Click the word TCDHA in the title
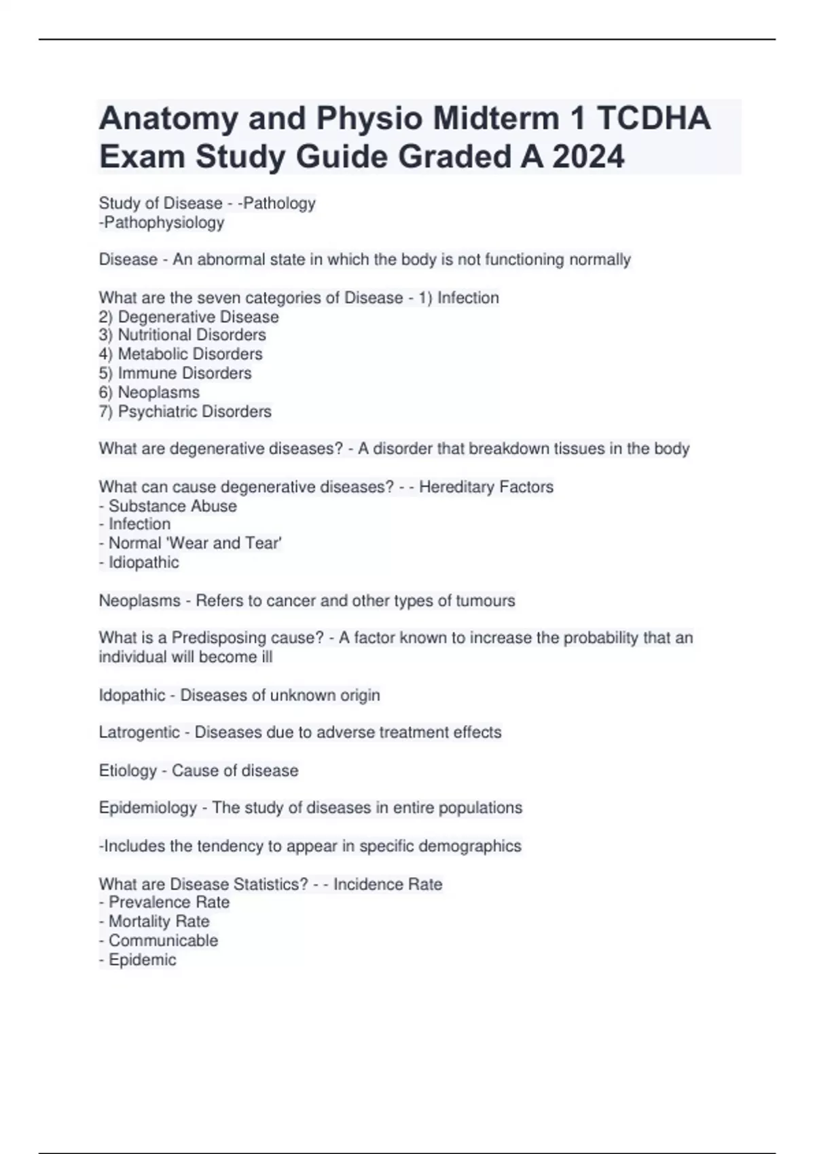653,119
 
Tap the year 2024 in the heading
587,157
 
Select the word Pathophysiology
163,222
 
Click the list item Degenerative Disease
198,316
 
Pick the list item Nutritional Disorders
192,335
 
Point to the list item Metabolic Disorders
189,354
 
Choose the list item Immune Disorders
184,373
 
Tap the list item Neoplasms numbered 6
158,392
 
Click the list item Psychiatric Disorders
194,411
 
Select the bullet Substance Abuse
173,506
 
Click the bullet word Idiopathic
143,562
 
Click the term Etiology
128,770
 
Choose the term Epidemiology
147,808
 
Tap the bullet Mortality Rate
159,921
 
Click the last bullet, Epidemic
142,960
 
